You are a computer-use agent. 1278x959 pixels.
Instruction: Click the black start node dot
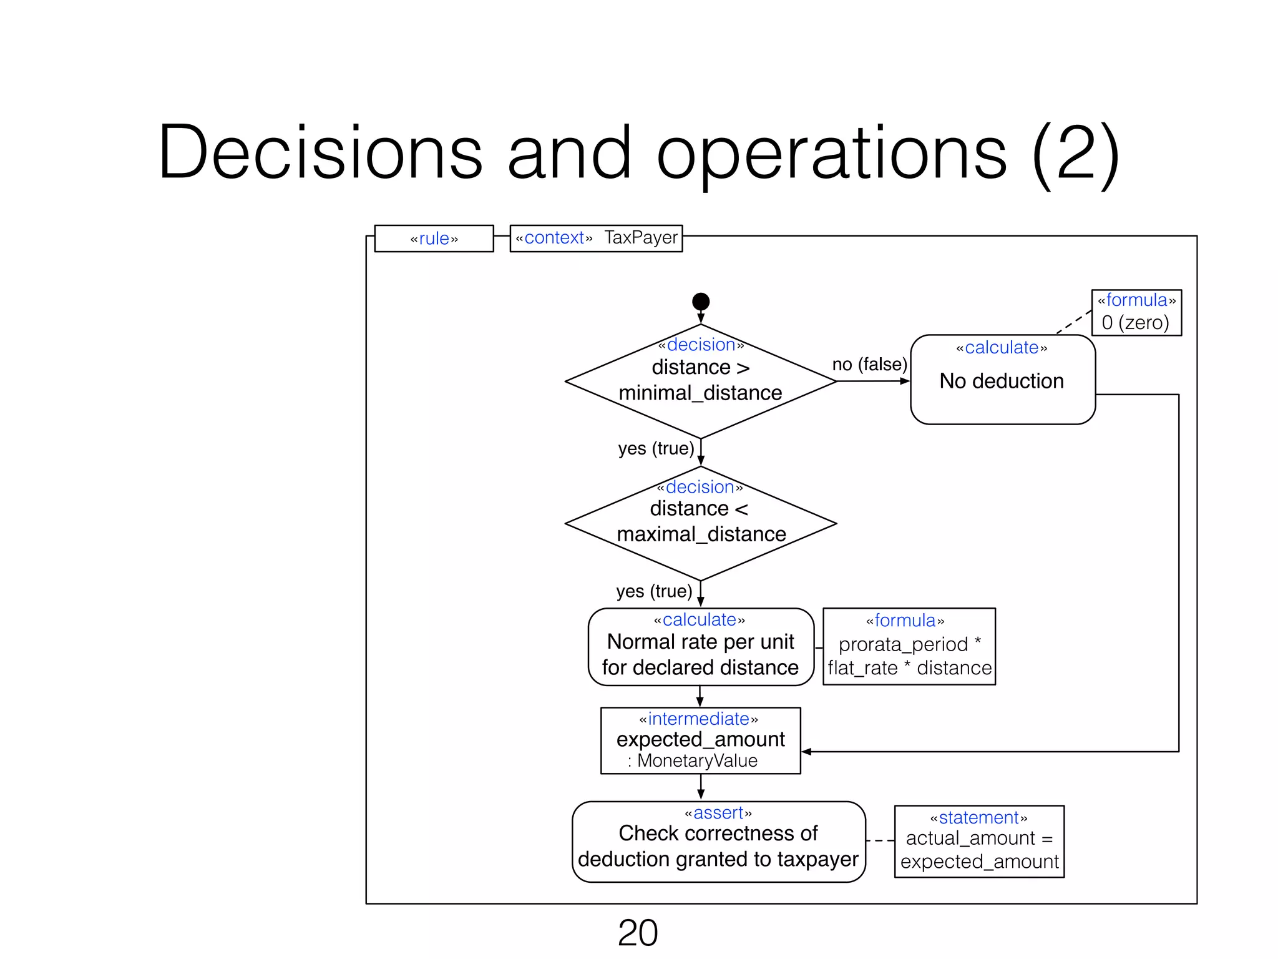click(701, 302)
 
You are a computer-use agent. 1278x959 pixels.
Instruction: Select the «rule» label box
click(434, 239)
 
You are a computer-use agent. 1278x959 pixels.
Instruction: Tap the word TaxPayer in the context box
click(640, 238)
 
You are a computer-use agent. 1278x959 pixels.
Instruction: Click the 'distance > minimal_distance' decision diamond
click(700, 381)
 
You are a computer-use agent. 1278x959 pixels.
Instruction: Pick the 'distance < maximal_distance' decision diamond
click(700, 523)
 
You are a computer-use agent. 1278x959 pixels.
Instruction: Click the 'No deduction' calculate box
click(1002, 380)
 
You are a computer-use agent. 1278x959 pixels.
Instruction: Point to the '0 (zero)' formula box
click(1136, 313)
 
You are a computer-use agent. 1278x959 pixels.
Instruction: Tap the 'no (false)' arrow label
click(869, 364)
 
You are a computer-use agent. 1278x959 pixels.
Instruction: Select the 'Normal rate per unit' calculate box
click(701, 647)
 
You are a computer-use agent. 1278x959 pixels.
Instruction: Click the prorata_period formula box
click(909, 647)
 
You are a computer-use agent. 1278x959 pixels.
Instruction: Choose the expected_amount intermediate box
click(700, 740)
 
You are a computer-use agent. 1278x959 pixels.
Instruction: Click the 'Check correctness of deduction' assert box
click(718, 842)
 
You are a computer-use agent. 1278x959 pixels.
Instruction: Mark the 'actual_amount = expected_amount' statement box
click(979, 842)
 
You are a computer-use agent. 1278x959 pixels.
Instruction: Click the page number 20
click(638, 933)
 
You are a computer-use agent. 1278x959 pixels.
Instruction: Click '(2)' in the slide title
click(1075, 153)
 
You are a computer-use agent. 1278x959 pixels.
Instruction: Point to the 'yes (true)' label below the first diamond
click(656, 448)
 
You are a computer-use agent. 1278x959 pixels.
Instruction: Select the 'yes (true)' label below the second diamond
click(654, 591)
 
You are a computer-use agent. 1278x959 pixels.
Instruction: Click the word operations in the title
click(832, 153)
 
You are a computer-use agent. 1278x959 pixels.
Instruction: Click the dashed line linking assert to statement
click(880, 841)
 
